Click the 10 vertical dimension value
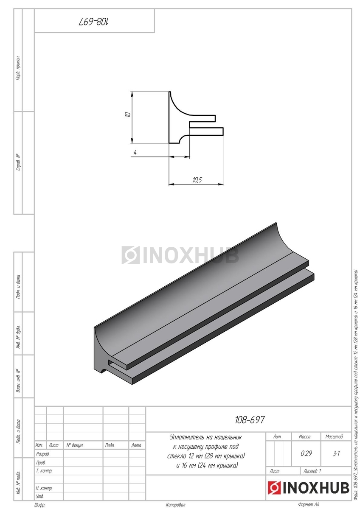tap(128, 114)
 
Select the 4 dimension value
tap(135, 152)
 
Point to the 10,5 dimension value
tap(197, 180)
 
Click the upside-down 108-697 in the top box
tap(94, 22)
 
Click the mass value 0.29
tap(306, 453)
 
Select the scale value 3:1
tap(336, 453)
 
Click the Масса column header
tap(304, 436)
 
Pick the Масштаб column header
tap(334, 436)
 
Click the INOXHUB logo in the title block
tap(308, 487)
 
